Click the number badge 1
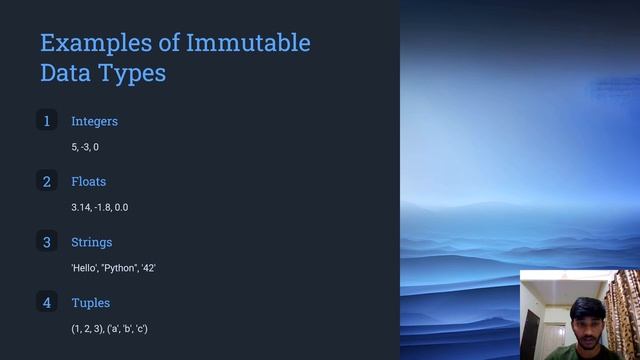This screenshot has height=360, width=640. tap(46, 121)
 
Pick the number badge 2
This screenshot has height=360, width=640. tap(46, 181)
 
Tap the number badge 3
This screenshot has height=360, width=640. tap(46, 242)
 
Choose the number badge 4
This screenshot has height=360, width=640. tap(46, 302)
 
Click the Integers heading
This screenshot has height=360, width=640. tap(94, 121)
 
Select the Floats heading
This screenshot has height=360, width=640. tap(88, 182)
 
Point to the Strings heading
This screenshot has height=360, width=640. tap(91, 242)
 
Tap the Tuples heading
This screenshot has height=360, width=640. tap(90, 302)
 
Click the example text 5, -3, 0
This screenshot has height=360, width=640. tap(85, 147)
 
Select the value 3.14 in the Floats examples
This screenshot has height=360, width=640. tap(80, 207)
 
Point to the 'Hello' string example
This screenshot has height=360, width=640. tap(83, 268)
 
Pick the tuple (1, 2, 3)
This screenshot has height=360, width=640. tap(86, 328)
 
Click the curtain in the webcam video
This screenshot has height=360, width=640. tap(628, 310)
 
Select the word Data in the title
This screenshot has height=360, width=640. tap(64, 73)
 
